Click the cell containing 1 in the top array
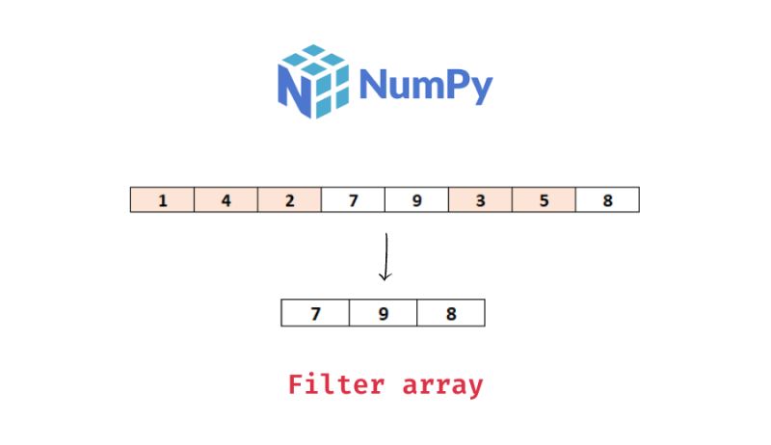click(x=162, y=200)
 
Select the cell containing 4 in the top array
click(x=226, y=200)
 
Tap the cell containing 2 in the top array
click(x=289, y=200)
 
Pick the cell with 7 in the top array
click(x=353, y=200)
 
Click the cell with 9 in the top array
click(x=416, y=200)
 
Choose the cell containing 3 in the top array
click(x=480, y=200)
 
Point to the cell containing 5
click(x=544, y=200)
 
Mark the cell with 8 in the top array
click(x=607, y=200)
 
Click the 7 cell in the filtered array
click(x=315, y=314)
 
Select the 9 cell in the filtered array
click(x=383, y=314)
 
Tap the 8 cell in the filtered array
click(x=450, y=314)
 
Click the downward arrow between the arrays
click(x=385, y=255)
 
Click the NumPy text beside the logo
click(x=425, y=85)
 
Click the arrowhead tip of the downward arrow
click(x=385, y=279)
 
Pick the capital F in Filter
click(x=298, y=385)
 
